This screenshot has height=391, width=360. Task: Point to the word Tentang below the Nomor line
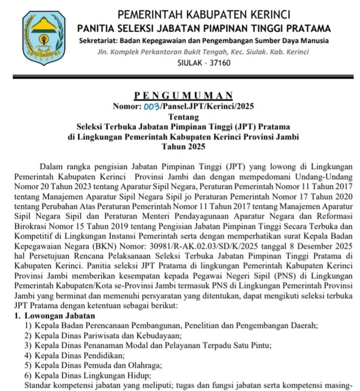pyautogui.click(x=184, y=117)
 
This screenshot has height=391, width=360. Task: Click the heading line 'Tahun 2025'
pyautogui.click(x=184, y=147)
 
